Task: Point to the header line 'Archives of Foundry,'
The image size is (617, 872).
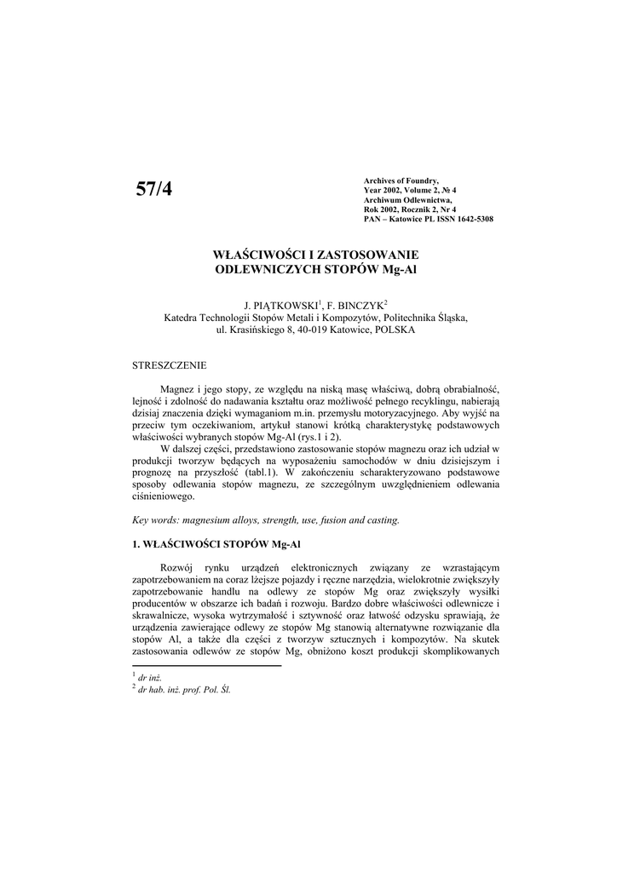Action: [x=401, y=181]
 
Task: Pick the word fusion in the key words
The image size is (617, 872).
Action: [x=336, y=519]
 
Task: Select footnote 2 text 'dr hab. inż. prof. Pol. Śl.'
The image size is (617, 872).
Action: [x=185, y=691]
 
